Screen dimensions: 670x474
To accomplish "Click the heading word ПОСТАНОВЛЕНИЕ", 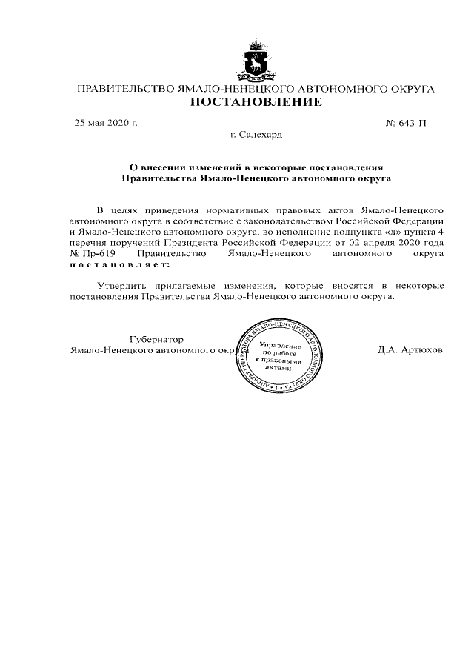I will coord(256,102).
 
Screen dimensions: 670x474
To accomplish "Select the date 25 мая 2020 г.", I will coord(106,123).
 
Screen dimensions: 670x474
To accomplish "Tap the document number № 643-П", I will coord(406,123).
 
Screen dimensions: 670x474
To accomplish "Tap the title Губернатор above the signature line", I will coord(156,339).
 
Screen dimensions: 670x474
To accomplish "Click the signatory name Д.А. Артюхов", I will coord(410,350).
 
